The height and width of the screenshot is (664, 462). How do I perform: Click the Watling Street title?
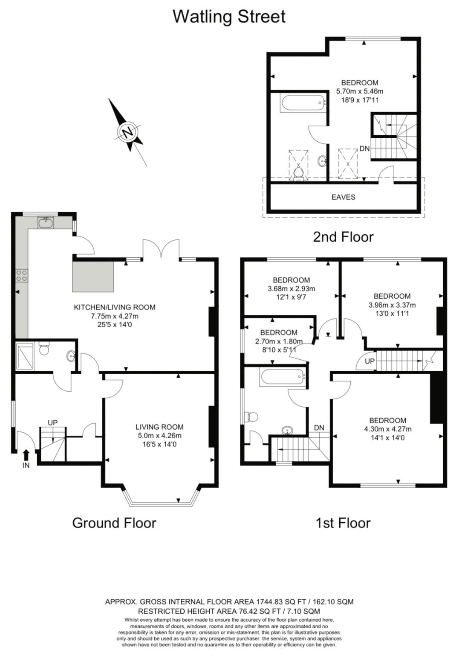(229, 17)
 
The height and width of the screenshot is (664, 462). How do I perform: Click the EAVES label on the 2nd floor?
(343, 197)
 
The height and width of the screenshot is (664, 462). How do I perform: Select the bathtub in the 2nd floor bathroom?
(303, 103)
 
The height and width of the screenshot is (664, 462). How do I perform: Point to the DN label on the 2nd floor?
(364, 149)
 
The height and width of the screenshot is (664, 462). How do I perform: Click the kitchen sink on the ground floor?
(45, 222)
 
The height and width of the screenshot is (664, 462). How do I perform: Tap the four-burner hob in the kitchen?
(22, 276)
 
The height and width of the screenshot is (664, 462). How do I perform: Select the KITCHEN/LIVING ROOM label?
(115, 307)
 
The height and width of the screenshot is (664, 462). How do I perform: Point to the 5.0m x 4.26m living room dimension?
(159, 436)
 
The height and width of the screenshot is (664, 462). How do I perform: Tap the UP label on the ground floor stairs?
(52, 422)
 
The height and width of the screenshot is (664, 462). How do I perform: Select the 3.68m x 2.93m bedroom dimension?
(291, 288)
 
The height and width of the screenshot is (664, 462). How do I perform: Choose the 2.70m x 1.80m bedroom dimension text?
(279, 341)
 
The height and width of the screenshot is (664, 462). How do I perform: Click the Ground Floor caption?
(114, 523)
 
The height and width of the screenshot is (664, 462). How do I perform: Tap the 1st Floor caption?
(343, 523)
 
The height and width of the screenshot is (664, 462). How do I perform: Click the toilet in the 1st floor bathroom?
(250, 416)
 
